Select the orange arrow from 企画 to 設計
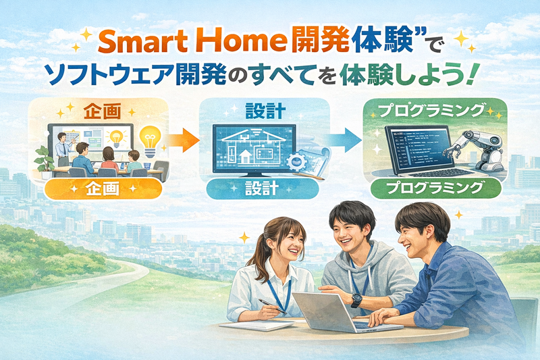[x=182, y=140]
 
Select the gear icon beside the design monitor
[x=296, y=161]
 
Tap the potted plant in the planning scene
[x=44, y=159]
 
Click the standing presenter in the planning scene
[x=62, y=145]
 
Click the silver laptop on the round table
[x=325, y=313]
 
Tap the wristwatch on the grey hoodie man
[x=355, y=300]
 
